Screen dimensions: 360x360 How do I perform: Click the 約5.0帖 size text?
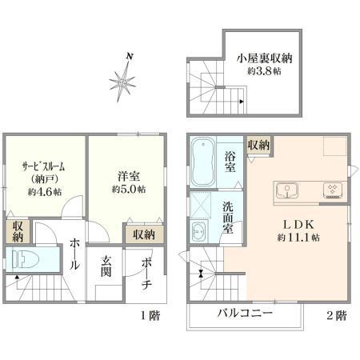(128, 190)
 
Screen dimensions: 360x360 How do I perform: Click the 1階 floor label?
(150, 316)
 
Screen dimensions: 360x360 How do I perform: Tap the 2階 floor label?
(335, 316)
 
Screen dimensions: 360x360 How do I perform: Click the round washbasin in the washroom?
(198, 233)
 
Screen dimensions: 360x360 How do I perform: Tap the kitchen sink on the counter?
(286, 190)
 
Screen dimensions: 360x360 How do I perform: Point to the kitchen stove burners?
(331, 190)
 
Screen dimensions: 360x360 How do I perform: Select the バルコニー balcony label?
(246, 312)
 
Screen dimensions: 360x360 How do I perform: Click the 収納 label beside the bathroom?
(258, 145)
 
